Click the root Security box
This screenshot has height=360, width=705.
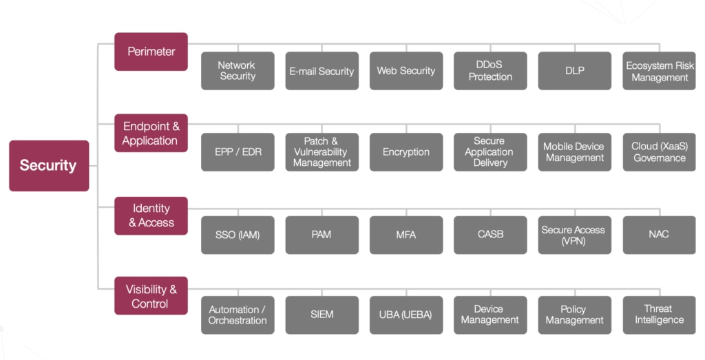(49, 166)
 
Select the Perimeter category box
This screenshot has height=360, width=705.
(151, 52)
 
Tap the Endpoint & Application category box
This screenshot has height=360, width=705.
(151, 133)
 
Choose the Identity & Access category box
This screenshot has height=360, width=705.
(151, 215)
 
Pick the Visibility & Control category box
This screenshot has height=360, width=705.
(151, 296)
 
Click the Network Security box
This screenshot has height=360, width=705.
(238, 71)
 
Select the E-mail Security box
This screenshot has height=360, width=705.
(322, 71)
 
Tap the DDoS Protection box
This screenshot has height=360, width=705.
(490, 71)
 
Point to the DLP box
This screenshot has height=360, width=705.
(575, 71)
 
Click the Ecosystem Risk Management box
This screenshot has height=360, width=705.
(659, 71)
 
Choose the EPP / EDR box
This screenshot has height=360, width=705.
(238, 152)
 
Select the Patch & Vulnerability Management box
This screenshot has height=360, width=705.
(322, 152)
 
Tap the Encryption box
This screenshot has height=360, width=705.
(406, 152)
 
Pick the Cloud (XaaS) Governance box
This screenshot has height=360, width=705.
(659, 152)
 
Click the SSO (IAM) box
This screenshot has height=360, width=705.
(238, 235)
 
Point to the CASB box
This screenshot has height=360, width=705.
(490, 235)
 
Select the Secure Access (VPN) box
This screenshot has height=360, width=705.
(575, 235)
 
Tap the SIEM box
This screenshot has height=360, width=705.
(322, 315)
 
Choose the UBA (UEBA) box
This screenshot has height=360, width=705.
(406, 315)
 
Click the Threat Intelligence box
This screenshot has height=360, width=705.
(659, 315)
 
